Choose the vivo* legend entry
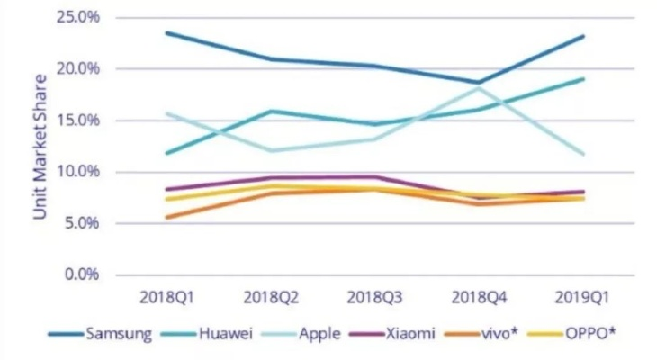504,334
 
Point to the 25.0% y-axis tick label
78,17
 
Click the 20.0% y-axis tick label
78,68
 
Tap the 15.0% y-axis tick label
78,120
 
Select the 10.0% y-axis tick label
78,171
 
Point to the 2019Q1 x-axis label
582,295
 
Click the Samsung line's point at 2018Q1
166,33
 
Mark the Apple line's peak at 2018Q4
478,88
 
